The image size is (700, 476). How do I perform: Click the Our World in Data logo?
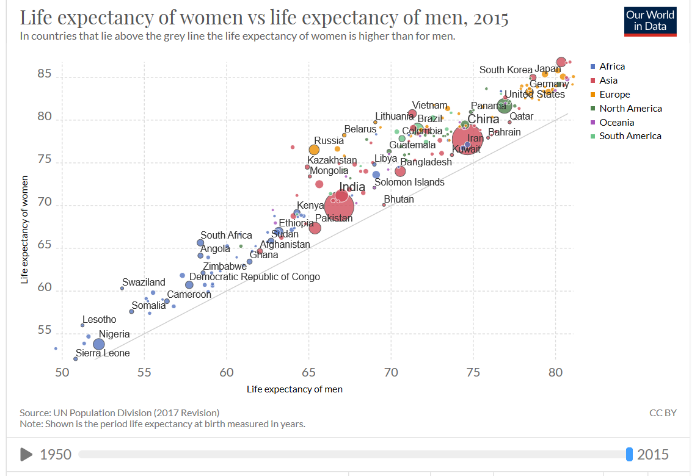[651, 21]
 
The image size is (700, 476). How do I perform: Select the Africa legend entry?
[611, 67]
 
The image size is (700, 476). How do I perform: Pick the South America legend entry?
[630, 136]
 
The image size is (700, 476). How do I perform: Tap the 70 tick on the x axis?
[391, 372]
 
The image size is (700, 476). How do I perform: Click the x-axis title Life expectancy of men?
[294, 389]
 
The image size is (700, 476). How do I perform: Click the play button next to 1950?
[26, 454]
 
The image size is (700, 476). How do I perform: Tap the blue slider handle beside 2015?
[629, 454]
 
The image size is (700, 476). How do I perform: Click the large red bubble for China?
[467, 139]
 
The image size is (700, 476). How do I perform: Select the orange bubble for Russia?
[314, 150]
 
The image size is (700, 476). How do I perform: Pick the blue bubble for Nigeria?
[99, 344]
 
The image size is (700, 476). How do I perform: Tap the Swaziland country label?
[144, 283]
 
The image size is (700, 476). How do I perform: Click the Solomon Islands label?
[409, 182]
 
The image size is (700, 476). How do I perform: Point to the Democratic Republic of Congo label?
[254, 276]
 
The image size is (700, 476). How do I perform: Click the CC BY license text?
[663, 413]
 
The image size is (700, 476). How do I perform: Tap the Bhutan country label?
[399, 200]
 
